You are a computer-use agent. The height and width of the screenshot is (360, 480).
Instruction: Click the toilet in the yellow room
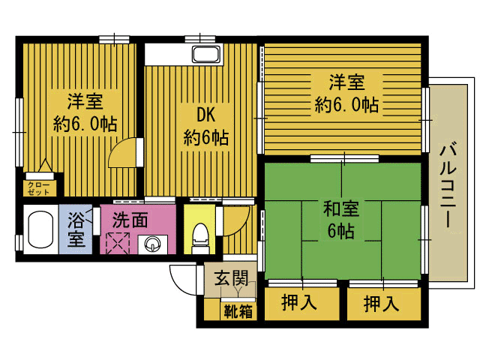(x=200, y=238)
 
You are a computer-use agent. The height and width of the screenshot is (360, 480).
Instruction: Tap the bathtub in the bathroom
(x=40, y=229)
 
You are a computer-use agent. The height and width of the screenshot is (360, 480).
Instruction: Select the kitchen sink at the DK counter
(x=206, y=54)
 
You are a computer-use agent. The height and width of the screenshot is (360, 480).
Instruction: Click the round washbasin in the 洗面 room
(x=152, y=244)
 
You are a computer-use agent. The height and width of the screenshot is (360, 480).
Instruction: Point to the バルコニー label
(x=448, y=186)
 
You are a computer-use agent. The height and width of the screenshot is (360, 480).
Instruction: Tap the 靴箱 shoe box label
(x=238, y=311)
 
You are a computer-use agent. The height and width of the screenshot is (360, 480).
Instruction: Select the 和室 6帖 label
(x=341, y=219)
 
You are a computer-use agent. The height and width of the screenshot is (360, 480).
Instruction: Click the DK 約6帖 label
(x=205, y=126)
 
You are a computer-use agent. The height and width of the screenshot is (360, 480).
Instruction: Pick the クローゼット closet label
(x=38, y=188)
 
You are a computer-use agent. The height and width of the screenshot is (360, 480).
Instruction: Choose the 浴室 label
(x=76, y=229)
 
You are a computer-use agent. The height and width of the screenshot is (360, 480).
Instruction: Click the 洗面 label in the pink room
(x=130, y=219)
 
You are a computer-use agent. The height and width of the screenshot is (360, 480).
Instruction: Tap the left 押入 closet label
(x=298, y=302)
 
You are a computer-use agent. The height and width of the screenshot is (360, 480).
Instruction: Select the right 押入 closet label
(x=382, y=303)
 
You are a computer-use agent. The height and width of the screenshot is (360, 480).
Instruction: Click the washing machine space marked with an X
(x=118, y=243)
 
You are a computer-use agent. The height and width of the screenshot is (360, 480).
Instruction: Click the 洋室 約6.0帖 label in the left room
(x=85, y=112)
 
